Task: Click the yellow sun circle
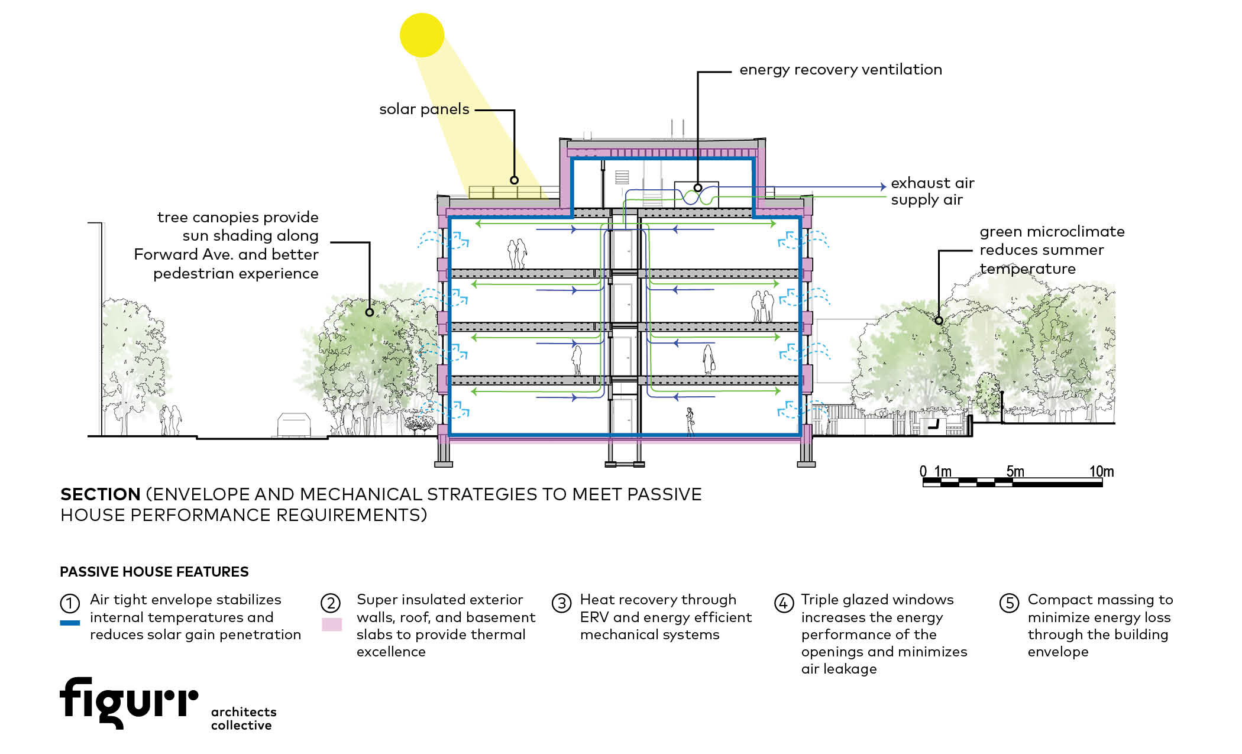422,35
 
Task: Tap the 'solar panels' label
424,109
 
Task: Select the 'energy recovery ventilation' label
840,70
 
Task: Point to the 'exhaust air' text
932,183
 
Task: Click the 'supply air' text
926,200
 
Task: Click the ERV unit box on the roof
697,194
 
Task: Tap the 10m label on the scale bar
1101,471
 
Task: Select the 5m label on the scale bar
1015,471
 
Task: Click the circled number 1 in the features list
70,603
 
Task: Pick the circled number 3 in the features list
561,603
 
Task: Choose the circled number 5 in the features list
1009,603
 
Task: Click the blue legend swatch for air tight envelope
70,623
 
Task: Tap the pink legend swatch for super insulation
332,624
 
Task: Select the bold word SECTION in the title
100,494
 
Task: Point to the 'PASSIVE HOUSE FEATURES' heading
154,572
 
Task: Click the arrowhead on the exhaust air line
883,187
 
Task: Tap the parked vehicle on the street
294,425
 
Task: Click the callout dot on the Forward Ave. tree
370,312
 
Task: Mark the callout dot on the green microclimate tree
939,321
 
